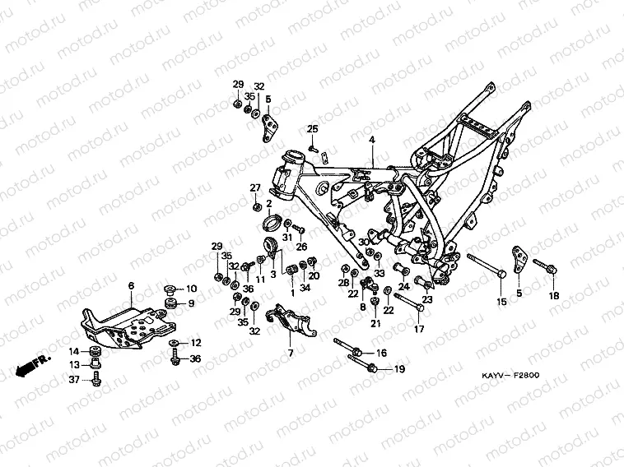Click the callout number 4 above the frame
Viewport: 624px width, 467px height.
371,141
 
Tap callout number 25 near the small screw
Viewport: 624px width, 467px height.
313,129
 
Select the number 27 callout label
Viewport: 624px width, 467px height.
255,188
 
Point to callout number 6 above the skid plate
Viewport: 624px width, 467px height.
130,285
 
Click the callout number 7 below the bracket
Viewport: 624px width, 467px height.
290,353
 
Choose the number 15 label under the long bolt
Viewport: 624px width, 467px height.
499,303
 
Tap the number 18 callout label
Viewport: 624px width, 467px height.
553,295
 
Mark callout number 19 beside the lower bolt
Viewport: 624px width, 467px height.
398,370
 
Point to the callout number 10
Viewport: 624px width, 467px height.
192,289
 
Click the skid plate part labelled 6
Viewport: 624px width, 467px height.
123,325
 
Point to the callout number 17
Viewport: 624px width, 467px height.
419,330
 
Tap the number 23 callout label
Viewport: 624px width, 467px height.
428,299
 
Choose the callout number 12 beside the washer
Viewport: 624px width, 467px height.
195,343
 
